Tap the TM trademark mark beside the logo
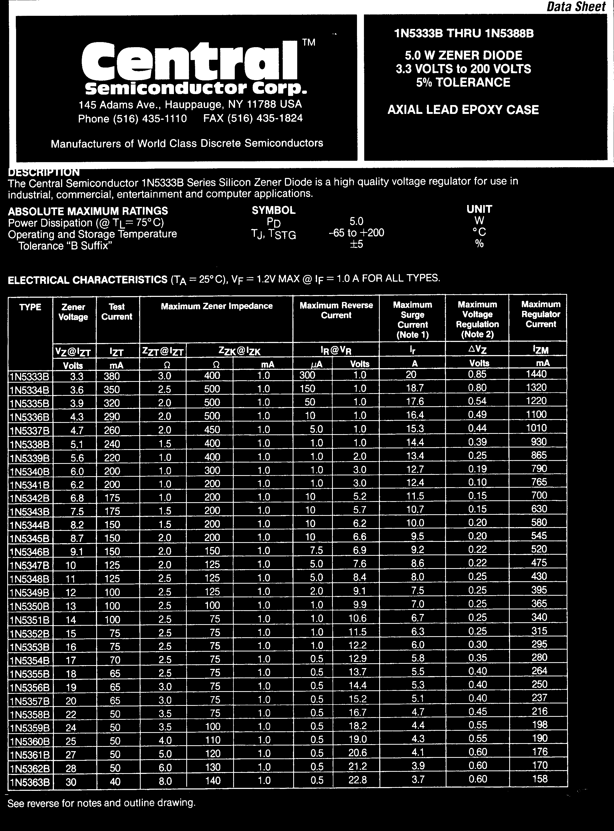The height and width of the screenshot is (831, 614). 308,42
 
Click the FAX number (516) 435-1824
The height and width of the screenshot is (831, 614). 253,118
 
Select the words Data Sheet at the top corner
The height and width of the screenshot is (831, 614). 576,7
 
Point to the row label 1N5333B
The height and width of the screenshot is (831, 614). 29,377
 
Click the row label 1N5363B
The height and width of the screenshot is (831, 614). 30,782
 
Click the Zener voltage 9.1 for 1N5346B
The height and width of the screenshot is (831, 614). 77,552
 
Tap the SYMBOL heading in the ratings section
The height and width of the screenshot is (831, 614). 274,210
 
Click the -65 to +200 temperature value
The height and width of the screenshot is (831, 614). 356,233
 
